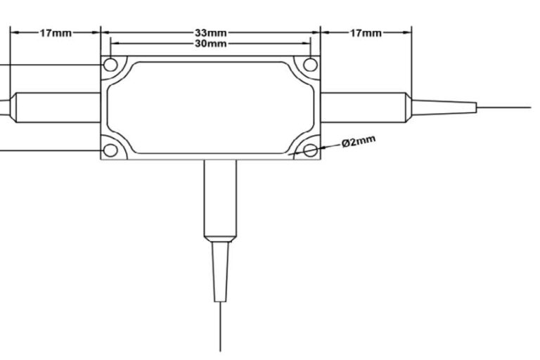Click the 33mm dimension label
tap(211, 33)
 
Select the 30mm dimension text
tap(211, 44)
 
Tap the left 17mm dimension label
tap(56, 33)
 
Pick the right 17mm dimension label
tap(366, 33)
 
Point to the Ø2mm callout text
tap(359, 141)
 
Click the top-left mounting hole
tap(110, 65)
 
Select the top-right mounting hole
tap(311, 65)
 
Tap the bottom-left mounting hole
tap(110, 150)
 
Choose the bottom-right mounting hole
tap(311, 150)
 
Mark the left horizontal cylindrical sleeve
tap(55, 108)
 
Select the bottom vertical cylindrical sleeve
tap(220, 200)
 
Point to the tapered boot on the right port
tap(444, 108)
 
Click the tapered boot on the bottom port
tap(220, 272)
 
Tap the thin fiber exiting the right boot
tap(504, 108)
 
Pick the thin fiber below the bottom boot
tap(220, 327)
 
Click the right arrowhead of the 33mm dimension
tap(316, 33)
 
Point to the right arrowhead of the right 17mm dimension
tap(407, 33)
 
